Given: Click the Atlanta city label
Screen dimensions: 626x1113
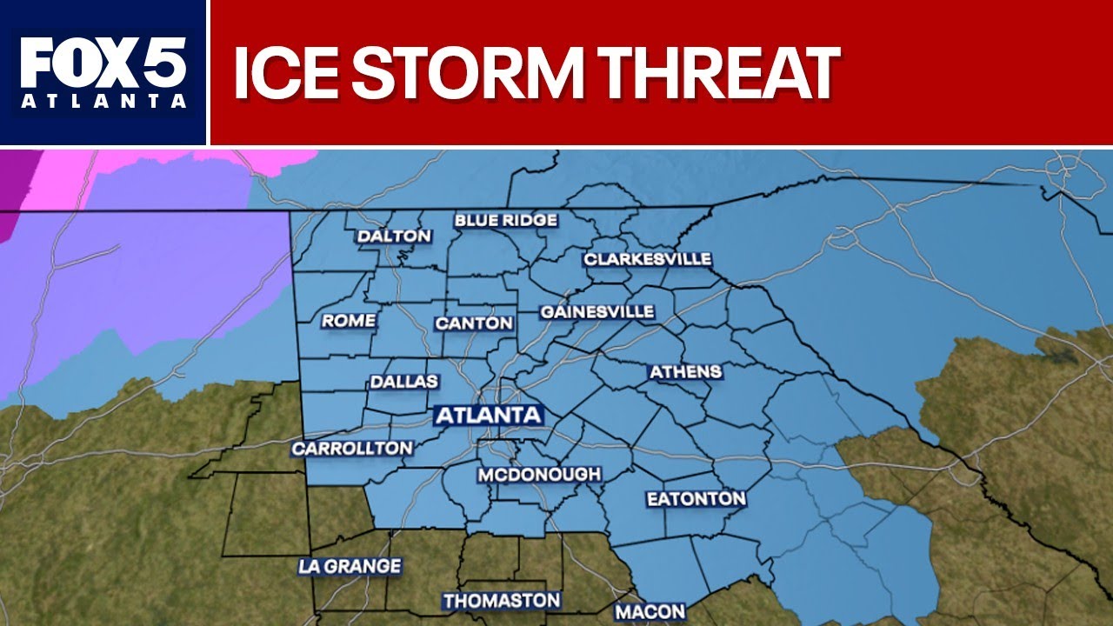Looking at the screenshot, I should point(488,415).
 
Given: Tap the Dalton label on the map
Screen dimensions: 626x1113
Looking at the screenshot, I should point(394,236).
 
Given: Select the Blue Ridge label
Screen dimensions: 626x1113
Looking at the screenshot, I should point(505,220).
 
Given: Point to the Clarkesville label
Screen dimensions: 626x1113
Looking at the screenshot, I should point(647,259).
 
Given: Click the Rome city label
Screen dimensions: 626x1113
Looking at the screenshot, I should point(349,321).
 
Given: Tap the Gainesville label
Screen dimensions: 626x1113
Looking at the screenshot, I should point(596,311).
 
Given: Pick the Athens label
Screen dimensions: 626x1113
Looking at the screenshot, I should point(686,372).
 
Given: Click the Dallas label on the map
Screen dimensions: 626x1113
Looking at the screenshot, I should point(404,382).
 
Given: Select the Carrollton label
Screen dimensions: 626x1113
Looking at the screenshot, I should point(351,449).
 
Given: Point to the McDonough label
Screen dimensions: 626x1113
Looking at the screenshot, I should point(539,475).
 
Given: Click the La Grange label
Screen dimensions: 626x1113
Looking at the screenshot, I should point(350,566).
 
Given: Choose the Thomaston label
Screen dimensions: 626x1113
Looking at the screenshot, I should point(501,601).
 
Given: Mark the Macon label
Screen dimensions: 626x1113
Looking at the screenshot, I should point(650,611).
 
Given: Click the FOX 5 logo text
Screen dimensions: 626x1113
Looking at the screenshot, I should point(103,63).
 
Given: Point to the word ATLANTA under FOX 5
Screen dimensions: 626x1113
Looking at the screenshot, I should point(103,102).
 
